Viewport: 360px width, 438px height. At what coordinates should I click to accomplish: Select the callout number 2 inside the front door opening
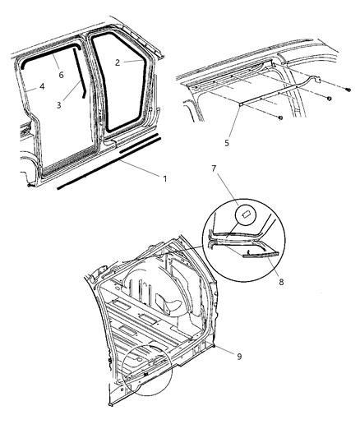118,62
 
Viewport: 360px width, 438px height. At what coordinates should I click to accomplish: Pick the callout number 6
59,73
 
